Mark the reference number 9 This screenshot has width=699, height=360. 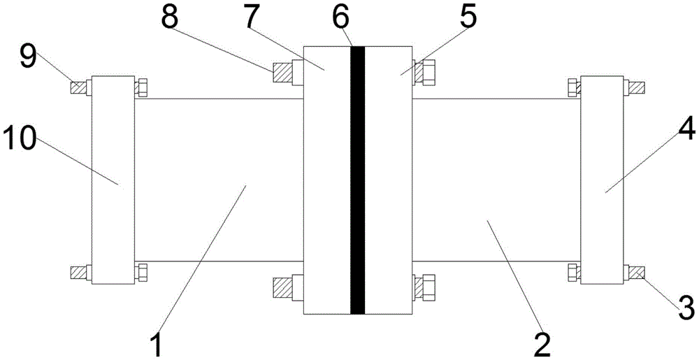coord(29,55)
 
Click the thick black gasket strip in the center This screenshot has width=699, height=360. coord(358,180)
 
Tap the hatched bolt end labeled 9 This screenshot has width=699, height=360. coord(78,88)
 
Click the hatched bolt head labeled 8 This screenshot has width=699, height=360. coord(280,71)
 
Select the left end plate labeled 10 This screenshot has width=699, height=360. coord(112,180)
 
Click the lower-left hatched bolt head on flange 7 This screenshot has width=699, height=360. coord(280,287)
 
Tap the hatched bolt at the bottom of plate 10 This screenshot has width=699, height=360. coord(78,271)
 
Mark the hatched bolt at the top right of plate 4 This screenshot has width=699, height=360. coord(637,88)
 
